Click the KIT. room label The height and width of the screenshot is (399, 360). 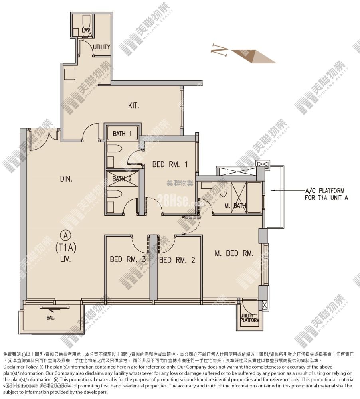coord(133,106)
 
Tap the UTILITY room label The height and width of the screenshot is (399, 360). coord(101,47)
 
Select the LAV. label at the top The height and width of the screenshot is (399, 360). coord(86,30)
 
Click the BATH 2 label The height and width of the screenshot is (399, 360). coord(121,179)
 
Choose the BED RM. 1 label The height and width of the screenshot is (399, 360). coord(170,164)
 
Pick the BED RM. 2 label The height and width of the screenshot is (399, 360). coord(177,260)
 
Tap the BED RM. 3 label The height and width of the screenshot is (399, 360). coord(128,259)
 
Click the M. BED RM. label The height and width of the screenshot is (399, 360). coord(234,253)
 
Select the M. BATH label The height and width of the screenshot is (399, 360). coord(235,206)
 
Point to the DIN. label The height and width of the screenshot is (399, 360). coord(66,179)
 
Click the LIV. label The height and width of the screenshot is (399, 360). coord(65,259)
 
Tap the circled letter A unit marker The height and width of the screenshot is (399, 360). coord(65,235)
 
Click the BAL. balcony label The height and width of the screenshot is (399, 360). coord(50,318)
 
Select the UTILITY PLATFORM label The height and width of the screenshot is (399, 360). coord(249,318)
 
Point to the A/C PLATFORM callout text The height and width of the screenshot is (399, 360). coord(319,194)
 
